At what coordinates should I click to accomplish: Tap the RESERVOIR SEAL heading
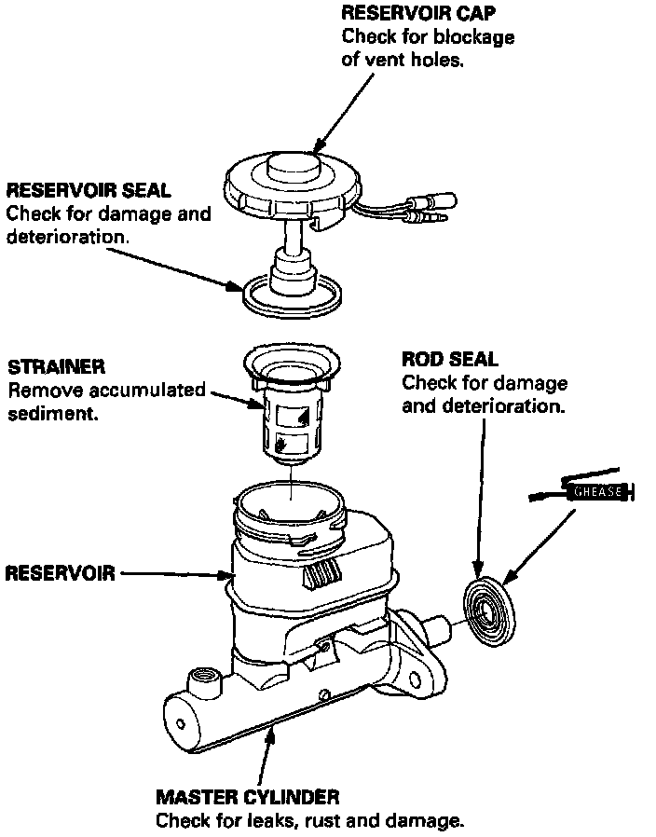pos(89,190)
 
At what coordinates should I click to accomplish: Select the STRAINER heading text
pos(56,366)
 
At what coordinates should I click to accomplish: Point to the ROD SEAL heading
pos(449,359)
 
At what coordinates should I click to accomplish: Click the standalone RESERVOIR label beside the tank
pos(60,572)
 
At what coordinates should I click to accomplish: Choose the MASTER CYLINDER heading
pos(247,797)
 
